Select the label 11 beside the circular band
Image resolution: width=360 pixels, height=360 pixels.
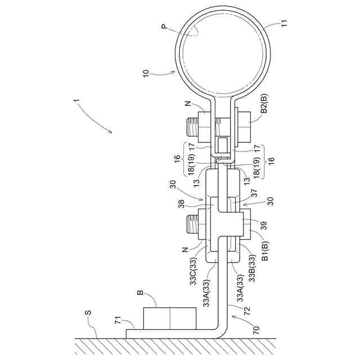coord(283,24)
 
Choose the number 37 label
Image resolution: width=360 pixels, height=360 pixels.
coord(254,193)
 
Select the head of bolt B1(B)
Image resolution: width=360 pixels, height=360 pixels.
coord(245,225)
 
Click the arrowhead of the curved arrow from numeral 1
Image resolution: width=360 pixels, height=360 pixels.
coord(111,132)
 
